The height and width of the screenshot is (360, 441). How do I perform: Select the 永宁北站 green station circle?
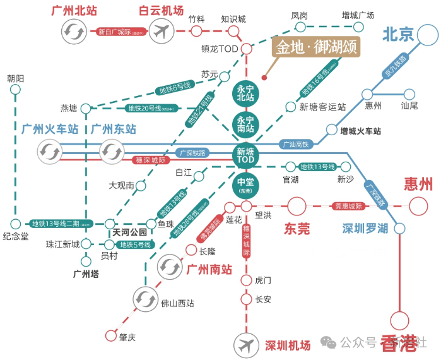click(245, 93)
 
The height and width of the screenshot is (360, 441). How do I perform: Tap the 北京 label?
click(397, 33)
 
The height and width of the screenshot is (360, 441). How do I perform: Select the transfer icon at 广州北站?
click(74, 30)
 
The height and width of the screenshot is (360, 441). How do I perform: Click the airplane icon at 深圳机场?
click(245, 345)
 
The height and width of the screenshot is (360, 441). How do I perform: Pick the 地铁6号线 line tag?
click(174, 86)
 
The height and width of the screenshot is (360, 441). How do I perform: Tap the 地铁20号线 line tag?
click(151, 108)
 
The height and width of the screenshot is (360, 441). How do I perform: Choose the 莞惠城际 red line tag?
click(348, 206)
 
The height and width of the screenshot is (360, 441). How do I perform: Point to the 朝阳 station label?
click(16, 78)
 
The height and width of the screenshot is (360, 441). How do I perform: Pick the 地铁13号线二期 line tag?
click(61, 224)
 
